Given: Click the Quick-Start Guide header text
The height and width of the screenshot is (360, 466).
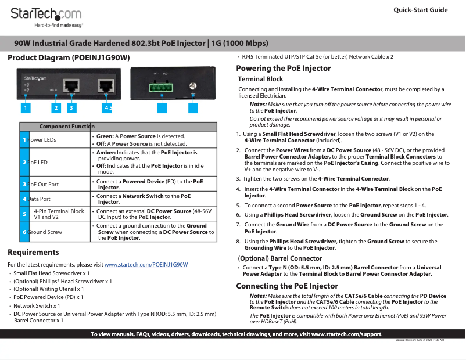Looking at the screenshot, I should pyautogui.click(x=420, y=10).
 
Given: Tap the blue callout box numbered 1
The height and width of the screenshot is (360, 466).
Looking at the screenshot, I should pyautogui.click(x=26, y=107).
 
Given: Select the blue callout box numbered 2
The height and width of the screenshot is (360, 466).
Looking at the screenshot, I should pyautogui.click(x=56, y=107).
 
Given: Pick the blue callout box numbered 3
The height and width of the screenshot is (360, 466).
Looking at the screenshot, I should pyautogui.click(x=71, y=107).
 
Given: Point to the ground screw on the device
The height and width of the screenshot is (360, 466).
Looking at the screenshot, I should pyautogui.click(x=192, y=87).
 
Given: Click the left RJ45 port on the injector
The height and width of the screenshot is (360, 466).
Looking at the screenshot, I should pyautogui.click(x=71, y=86).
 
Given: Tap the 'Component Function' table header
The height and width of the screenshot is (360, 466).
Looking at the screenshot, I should pyautogui.click(x=66, y=127).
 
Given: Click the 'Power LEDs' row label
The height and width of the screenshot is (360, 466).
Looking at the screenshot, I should pyautogui.click(x=42, y=140).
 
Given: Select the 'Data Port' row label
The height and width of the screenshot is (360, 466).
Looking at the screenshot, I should pyautogui.click(x=39, y=199).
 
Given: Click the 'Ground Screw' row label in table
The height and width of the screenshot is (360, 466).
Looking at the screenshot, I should pyautogui.click(x=45, y=232).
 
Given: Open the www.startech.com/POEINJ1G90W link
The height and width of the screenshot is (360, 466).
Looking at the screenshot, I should pyautogui.click(x=146, y=265).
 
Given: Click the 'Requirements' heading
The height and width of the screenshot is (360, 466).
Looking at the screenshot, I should pyautogui.click(x=33, y=253).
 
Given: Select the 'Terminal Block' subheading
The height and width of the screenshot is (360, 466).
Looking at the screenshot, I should pyautogui.click(x=260, y=79).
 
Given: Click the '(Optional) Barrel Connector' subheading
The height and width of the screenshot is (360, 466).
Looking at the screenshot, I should pyautogui.click(x=279, y=258).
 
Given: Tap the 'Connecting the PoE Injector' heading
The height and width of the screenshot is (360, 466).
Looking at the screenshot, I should pyautogui.click(x=286, y=286).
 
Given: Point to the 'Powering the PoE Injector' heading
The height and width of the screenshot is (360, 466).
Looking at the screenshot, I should pyautogui.click(x=284, y=68).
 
